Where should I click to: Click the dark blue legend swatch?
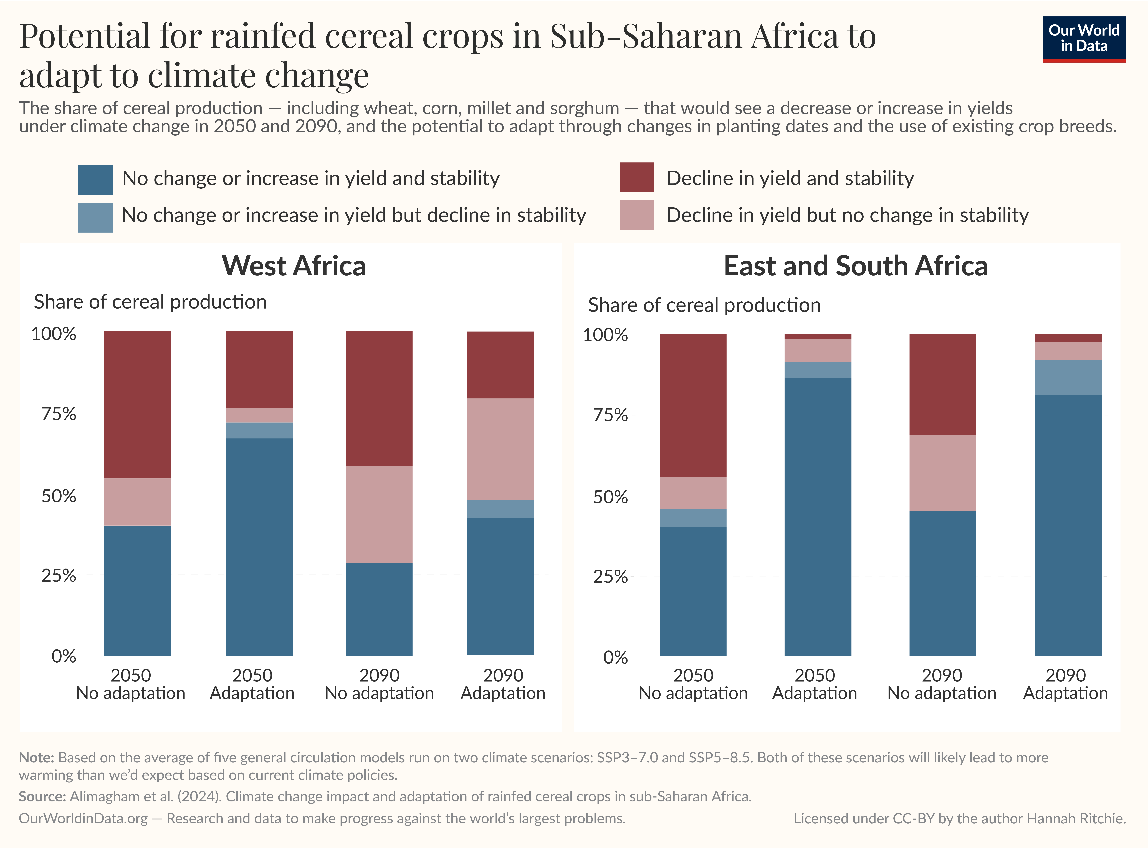point(95,180)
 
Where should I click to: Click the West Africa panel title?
point(294,266)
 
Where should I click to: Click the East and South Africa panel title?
point(856,266)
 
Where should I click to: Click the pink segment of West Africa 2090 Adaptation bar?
point(500,449)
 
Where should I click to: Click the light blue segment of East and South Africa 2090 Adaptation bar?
point(1068,377)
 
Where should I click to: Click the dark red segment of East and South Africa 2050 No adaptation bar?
point(693,405)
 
